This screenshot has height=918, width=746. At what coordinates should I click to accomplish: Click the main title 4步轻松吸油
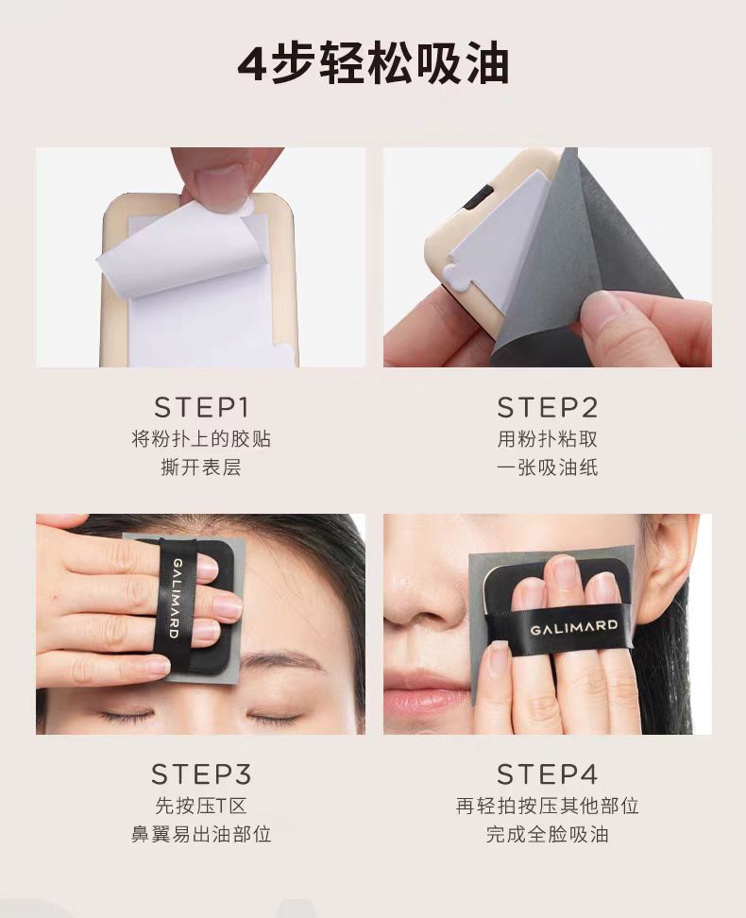tap(373, 63)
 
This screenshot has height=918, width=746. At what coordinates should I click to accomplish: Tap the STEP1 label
tap(201, 408)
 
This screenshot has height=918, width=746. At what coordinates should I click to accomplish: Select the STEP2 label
tap(548, 408)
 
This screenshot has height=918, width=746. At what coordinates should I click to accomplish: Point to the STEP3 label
tap(201, 774)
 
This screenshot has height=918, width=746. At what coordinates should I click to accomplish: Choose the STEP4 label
tap(548, 774)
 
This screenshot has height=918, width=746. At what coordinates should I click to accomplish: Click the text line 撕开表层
tap(201, 467)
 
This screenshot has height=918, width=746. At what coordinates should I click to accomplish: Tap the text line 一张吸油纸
tap(548, 467)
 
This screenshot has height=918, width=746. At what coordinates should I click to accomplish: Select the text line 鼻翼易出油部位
tap(201, 835)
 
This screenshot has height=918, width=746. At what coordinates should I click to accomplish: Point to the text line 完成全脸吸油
tap(548, 835)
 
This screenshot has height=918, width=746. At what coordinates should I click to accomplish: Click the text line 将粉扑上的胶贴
tap(201, 439)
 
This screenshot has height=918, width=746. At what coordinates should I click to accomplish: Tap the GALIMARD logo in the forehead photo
tap(175, 597)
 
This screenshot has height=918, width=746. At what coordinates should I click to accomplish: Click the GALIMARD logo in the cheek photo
tap(574, 626)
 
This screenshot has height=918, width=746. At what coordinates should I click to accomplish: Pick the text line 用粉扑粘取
tap(548, 439)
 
